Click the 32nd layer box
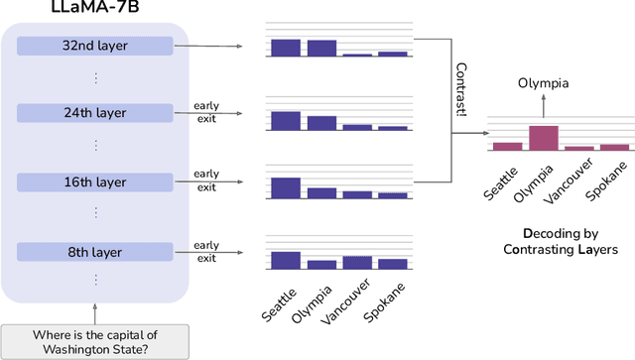[x=96, y=46]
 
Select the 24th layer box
[x=96, y=113]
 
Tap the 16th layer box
[x=96, y=182]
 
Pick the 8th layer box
[x=96, y=251]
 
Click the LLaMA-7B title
[x=95, y=9]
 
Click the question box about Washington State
[x=95, y=341]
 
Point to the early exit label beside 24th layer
[x=206, y=112]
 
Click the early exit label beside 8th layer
[x=206, y=252]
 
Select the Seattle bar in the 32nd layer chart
[x=286, y=48]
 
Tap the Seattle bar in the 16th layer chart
[x=286, y=187]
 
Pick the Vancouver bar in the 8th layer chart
[x=357, y=262]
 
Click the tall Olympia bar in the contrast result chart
[x=543, y=137]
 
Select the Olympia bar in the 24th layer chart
[x=321, y=123]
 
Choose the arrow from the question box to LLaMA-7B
[x=95, y=313]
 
